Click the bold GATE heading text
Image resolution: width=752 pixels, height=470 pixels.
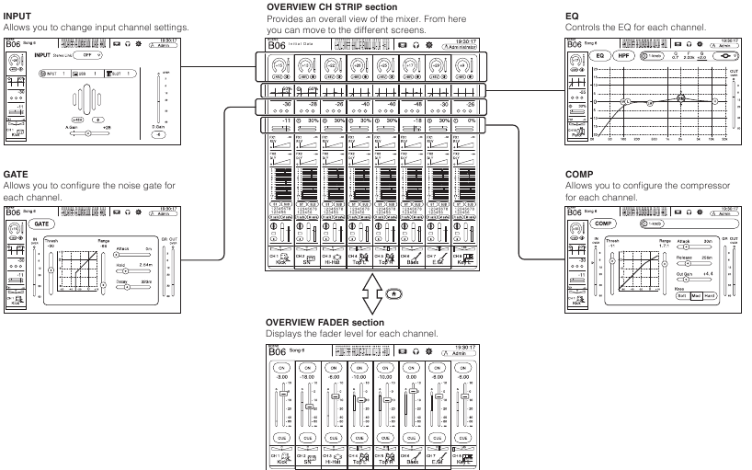click(15, 172)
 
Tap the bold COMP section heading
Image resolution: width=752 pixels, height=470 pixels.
click(576, 172)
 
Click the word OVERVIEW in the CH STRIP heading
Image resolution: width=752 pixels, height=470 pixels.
click(289, 6)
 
